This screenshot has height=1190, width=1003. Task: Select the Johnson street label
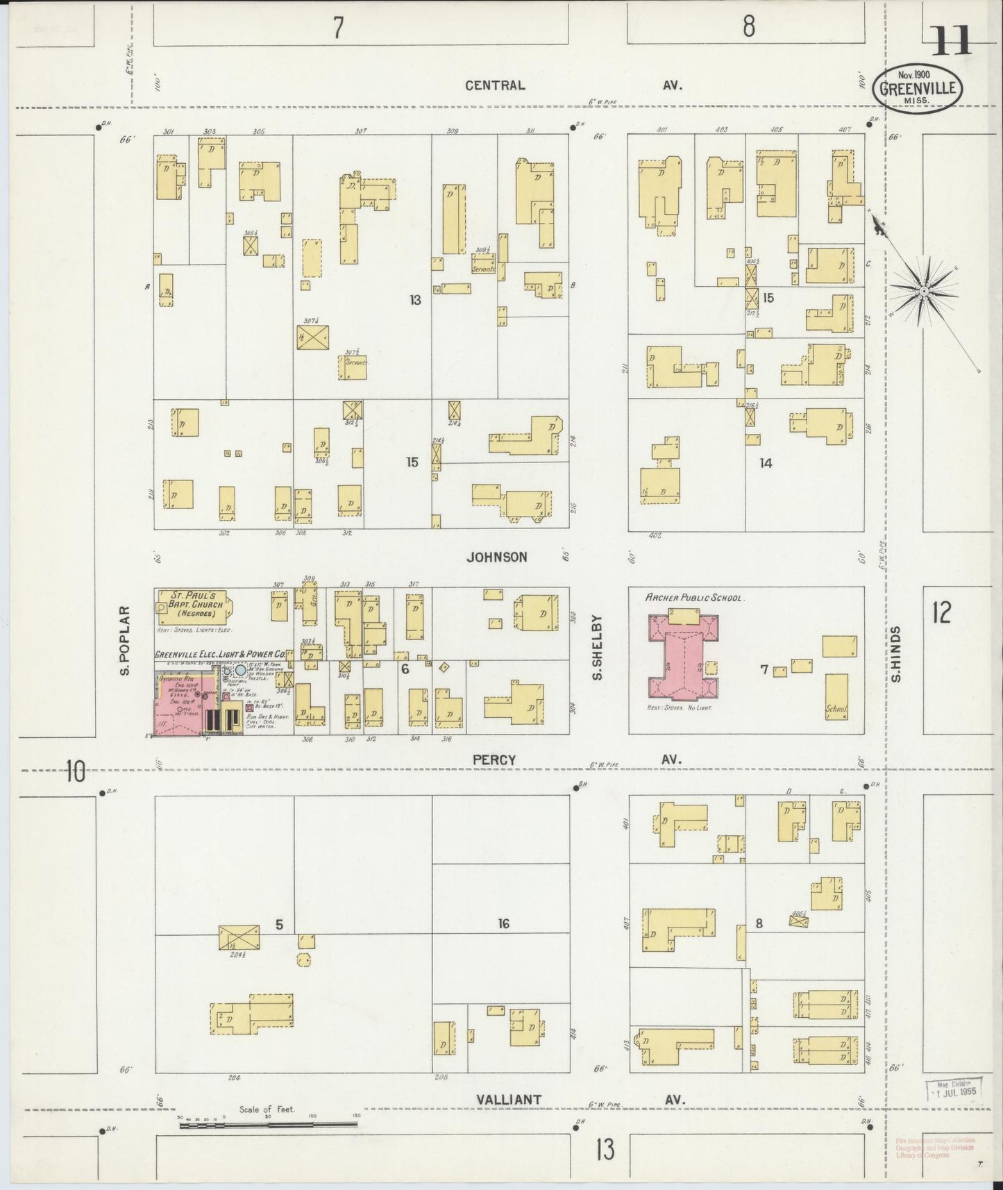pyautogui.click(x=496, y=557)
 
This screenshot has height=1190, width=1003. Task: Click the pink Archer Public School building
pyautogui.click(x=683, y=657)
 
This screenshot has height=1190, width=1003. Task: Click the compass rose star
pyautogui.click(x=924, y=292)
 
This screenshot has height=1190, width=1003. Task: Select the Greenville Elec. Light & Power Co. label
pyautogui.click(x=220, y=653)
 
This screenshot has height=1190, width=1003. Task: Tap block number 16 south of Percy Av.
pyautogui.click(x=503, y=923)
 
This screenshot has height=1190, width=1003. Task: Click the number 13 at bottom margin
pyautogui.click(x=604, y=1149)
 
